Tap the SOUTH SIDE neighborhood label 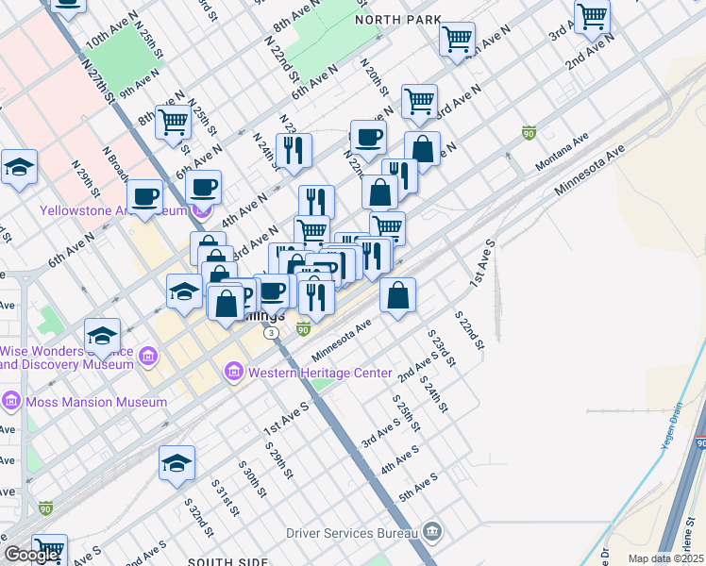point(226,560)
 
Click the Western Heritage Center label point(319,373)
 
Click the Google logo point(30,555)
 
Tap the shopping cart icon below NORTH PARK point(458,40)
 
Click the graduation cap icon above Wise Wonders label point(103,334)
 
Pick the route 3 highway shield point(272,333)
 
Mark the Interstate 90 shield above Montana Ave point(529,134)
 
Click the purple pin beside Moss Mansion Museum point(11,401)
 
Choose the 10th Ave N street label point(110,30)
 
